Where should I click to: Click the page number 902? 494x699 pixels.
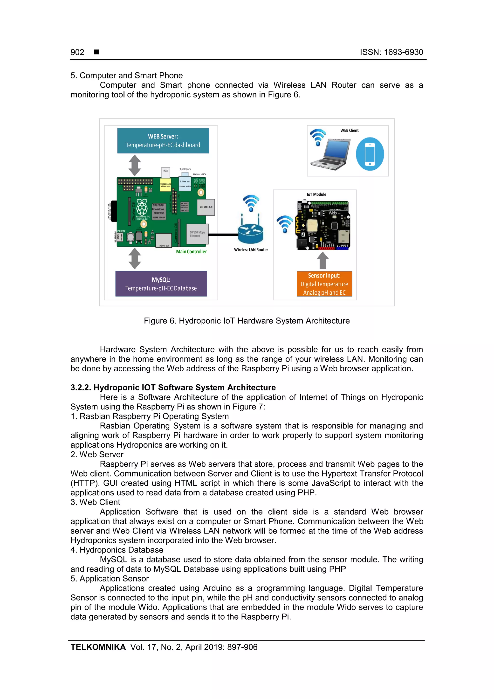click(x=77, y=52)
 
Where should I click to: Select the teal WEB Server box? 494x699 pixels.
click(x=163, y=141)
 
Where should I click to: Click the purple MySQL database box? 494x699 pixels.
click(x=161, y=284)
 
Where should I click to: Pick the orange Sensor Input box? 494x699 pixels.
click(x=324, y=284)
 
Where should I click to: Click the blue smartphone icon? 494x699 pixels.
click(x=370, y=154)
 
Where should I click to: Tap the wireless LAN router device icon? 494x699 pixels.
click(x=251, y=233)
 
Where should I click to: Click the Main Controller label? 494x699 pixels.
click(x=191, y=251)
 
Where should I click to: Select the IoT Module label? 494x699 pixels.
click(x=316, y=194)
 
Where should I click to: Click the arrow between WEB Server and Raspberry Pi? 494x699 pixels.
click(x=135, y=165)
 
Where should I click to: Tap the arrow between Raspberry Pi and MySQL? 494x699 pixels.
click(x=135, y=258)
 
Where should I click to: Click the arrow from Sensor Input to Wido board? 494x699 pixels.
click(x=323, y=260)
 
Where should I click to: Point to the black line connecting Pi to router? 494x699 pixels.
click(x=224, y=235)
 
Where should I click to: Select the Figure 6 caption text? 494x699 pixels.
click(x=247, y=321)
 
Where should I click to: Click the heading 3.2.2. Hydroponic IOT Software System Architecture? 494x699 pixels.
click(x=173, y=388)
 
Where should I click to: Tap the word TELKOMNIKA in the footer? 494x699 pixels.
click(x=98, y=647)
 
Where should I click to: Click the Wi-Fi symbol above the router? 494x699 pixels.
click(x=251, y=203)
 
